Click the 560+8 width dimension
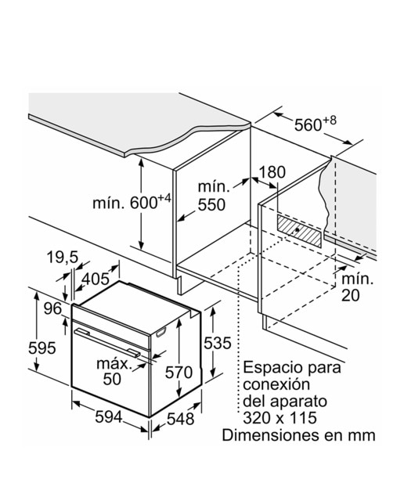[316, 124]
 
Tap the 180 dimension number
[272, 172]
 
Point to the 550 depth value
[211, 205]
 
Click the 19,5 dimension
[63, 257]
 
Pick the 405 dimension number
[96, 279]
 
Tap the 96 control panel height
[52, 308]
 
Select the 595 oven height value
[41, 348]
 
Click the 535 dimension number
[218, 343]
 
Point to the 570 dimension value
[179, 373]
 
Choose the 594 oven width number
[109, 417]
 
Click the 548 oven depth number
[181, 419]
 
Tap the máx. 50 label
[114, 372]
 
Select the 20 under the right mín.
[350, 296]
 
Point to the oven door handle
[107, 342]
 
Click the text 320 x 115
[280, 417]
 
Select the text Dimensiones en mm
[298, 435]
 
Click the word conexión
[276, 384]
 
